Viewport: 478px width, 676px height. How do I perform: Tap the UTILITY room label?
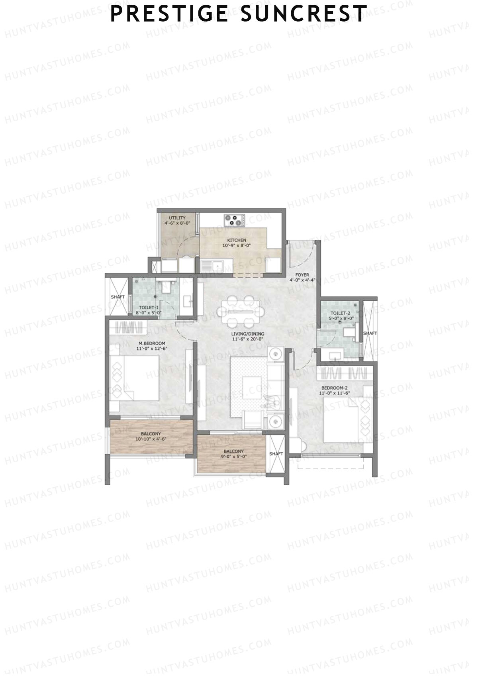(x=177, y=218)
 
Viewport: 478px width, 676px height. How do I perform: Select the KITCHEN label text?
(x=237, y=240)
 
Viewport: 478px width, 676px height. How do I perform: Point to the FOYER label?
(x=302, y=275)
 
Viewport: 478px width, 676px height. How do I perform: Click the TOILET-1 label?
(x=149, y=308)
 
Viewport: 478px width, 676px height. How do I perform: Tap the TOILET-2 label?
(x=340, y=313)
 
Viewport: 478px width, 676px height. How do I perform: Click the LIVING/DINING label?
(x=248, y=334)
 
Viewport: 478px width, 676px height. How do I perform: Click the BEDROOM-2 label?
(x=334, y=388)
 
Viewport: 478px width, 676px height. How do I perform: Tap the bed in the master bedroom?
(x=135, y=377)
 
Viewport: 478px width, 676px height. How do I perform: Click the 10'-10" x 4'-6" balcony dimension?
(x=151, y=439)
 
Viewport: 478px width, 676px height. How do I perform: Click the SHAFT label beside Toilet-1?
(x=118, y=297)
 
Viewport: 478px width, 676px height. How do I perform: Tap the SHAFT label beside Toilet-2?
(x=370, y=333)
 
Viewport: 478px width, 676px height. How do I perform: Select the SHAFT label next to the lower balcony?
(x=276, y=454)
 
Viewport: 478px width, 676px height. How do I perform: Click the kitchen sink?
(x=212, y=266)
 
